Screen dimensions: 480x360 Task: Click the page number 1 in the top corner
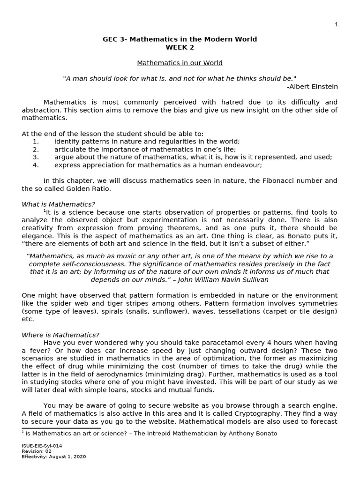[x=336, y=24]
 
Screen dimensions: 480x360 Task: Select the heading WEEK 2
[x=180, y=47]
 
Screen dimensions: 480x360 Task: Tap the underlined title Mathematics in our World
[x=180, y=63]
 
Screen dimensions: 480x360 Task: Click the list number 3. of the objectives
[x=36, y=157]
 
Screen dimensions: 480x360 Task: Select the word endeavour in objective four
[x=238, y=165]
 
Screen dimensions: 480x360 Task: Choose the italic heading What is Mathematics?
[x=58, y=204]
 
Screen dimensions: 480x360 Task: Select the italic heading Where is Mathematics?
[x=60, y=335]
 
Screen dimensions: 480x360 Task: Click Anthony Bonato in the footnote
[x=255, y=434]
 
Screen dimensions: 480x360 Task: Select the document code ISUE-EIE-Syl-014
[x=42, y=446]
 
